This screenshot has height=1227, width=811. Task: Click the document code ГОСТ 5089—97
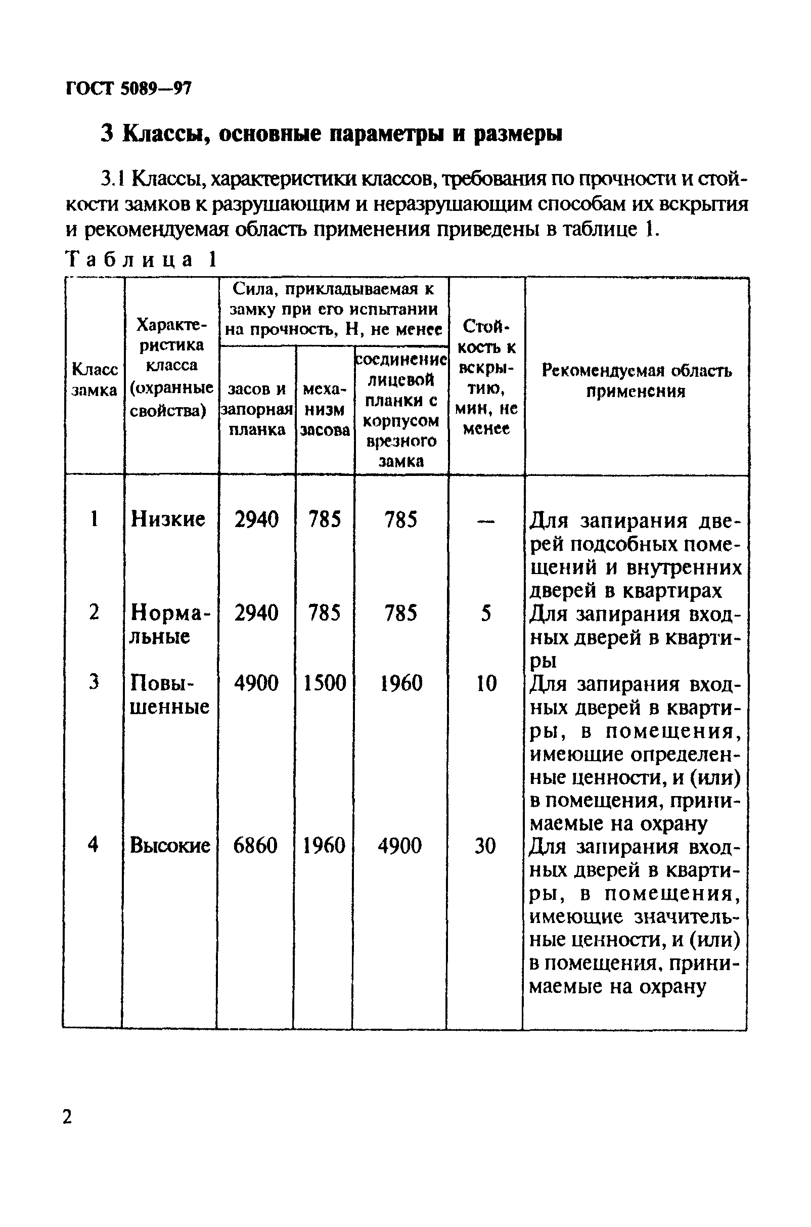[x=129, y=89]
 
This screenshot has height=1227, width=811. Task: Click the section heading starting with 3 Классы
[x=331, y=134]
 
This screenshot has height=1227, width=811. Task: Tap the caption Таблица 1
[x=140, y=259]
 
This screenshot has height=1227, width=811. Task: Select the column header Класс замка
[x=94, y=380]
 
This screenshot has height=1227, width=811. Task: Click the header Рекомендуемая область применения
[x=636, y=381]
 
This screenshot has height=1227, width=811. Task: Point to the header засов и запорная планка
[x=257, y=409]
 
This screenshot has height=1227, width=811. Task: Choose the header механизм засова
[x=325, y=409]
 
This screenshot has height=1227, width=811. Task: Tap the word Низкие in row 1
[x=168, y=519]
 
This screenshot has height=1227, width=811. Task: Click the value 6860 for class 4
[x=255, y=846]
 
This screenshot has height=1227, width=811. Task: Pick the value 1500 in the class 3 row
[x=324, y=683]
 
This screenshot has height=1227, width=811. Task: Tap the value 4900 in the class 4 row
[x=400, y=846]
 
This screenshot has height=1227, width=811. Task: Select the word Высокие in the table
[x=170, y=846]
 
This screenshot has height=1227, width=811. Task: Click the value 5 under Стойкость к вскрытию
[x=486, y=613]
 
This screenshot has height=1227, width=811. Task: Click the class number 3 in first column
[x=94, y=682]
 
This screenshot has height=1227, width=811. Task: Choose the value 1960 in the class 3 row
[x=401, y=683]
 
